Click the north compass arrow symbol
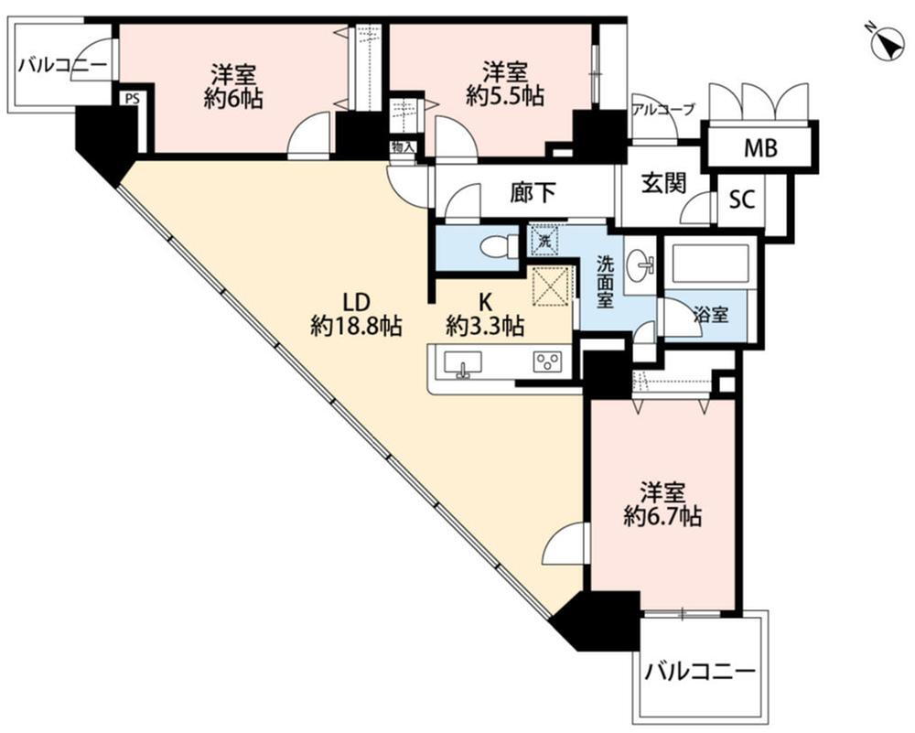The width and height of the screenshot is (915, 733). click(x=885, y=42)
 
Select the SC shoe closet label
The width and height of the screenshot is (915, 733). click(x=741, y=200)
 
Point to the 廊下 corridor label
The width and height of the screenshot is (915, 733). click(x=533, y=192)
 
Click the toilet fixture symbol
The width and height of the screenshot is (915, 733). click(x=500, y=247)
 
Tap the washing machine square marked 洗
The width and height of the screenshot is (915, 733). click(x=544, y=243)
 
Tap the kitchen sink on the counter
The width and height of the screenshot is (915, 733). click(x=464, y=363)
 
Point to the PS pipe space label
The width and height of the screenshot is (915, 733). click(x=133, y=99)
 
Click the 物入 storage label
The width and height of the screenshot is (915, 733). click(x=403, y=147)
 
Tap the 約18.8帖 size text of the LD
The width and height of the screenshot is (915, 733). click(x=356, y=326)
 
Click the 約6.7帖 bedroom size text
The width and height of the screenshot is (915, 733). click(x=662, y=517)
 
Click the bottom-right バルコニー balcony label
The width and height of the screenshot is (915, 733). click(x=700, y=674)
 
